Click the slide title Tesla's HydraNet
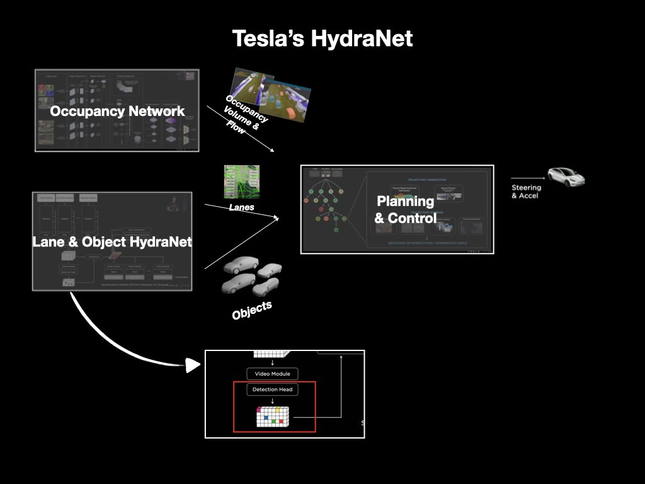coord(322,39)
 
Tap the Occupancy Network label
coord(117,112)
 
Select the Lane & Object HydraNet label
coord(112,241)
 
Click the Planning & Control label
coord(405,210)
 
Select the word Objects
coord(252,309)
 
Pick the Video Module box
coord(272,374)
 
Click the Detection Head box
coord(272,389)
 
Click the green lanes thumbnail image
coord(241,181)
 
